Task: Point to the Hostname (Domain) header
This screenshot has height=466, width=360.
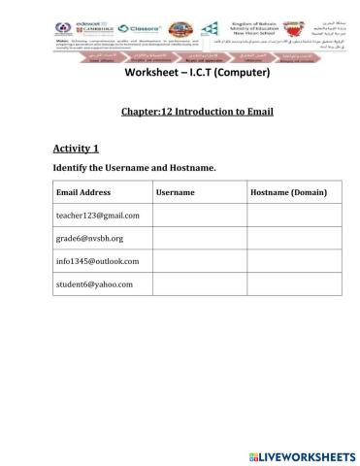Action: tap(288, 192)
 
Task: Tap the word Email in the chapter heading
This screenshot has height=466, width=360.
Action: tap(259, 112)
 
